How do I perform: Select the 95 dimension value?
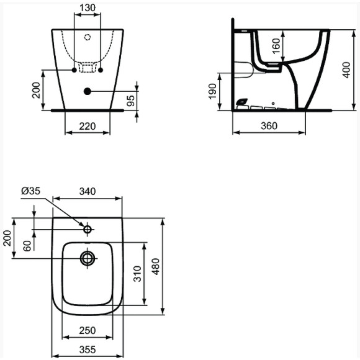[x=131, y=101]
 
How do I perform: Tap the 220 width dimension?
[x=88, y=126]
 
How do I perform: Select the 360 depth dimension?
[x=269, y=126]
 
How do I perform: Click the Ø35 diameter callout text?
[x=30, y=192]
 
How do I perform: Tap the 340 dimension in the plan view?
[x=88, y=192]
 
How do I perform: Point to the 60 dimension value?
[x=27, y=245]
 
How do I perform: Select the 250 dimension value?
[x=88, y=330]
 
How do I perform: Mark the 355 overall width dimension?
[x=88, y=349]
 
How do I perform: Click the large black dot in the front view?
[x=88, y=92]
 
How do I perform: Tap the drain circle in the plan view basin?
[x=88, y=258]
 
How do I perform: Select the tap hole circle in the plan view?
[x=88, y=230]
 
